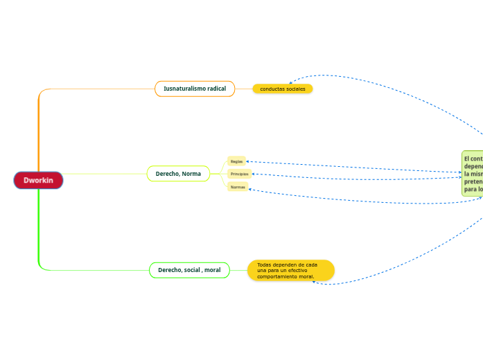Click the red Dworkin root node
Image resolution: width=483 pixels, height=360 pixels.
pos(38,180)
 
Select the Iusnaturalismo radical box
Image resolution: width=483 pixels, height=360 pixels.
pos(195,89)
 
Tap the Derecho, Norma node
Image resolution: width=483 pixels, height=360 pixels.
pos(178,174)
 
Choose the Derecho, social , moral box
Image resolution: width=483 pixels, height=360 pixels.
pos(189,269)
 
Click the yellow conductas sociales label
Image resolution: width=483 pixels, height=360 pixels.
pos(283,89)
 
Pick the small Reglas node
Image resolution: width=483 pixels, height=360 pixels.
pos(236,161)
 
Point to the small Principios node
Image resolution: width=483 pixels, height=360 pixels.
pos(239,174)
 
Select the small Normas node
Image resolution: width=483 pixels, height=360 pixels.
pos(238,187)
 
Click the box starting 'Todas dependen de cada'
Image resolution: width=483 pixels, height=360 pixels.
pos(290,270)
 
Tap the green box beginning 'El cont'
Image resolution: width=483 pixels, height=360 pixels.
pos(473,173)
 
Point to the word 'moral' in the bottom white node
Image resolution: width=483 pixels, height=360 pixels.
pos(212,269)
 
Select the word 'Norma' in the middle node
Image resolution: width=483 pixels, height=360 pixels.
pos(192,174)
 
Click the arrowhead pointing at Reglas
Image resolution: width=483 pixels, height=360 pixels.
pos(248,161)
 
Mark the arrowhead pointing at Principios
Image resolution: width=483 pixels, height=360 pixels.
pos(252,174)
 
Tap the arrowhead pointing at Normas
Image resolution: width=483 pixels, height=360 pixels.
pos(249,188)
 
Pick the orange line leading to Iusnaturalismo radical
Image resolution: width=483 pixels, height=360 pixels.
pos(97,89)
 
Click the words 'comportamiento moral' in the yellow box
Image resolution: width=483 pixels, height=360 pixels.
pos(286,276)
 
